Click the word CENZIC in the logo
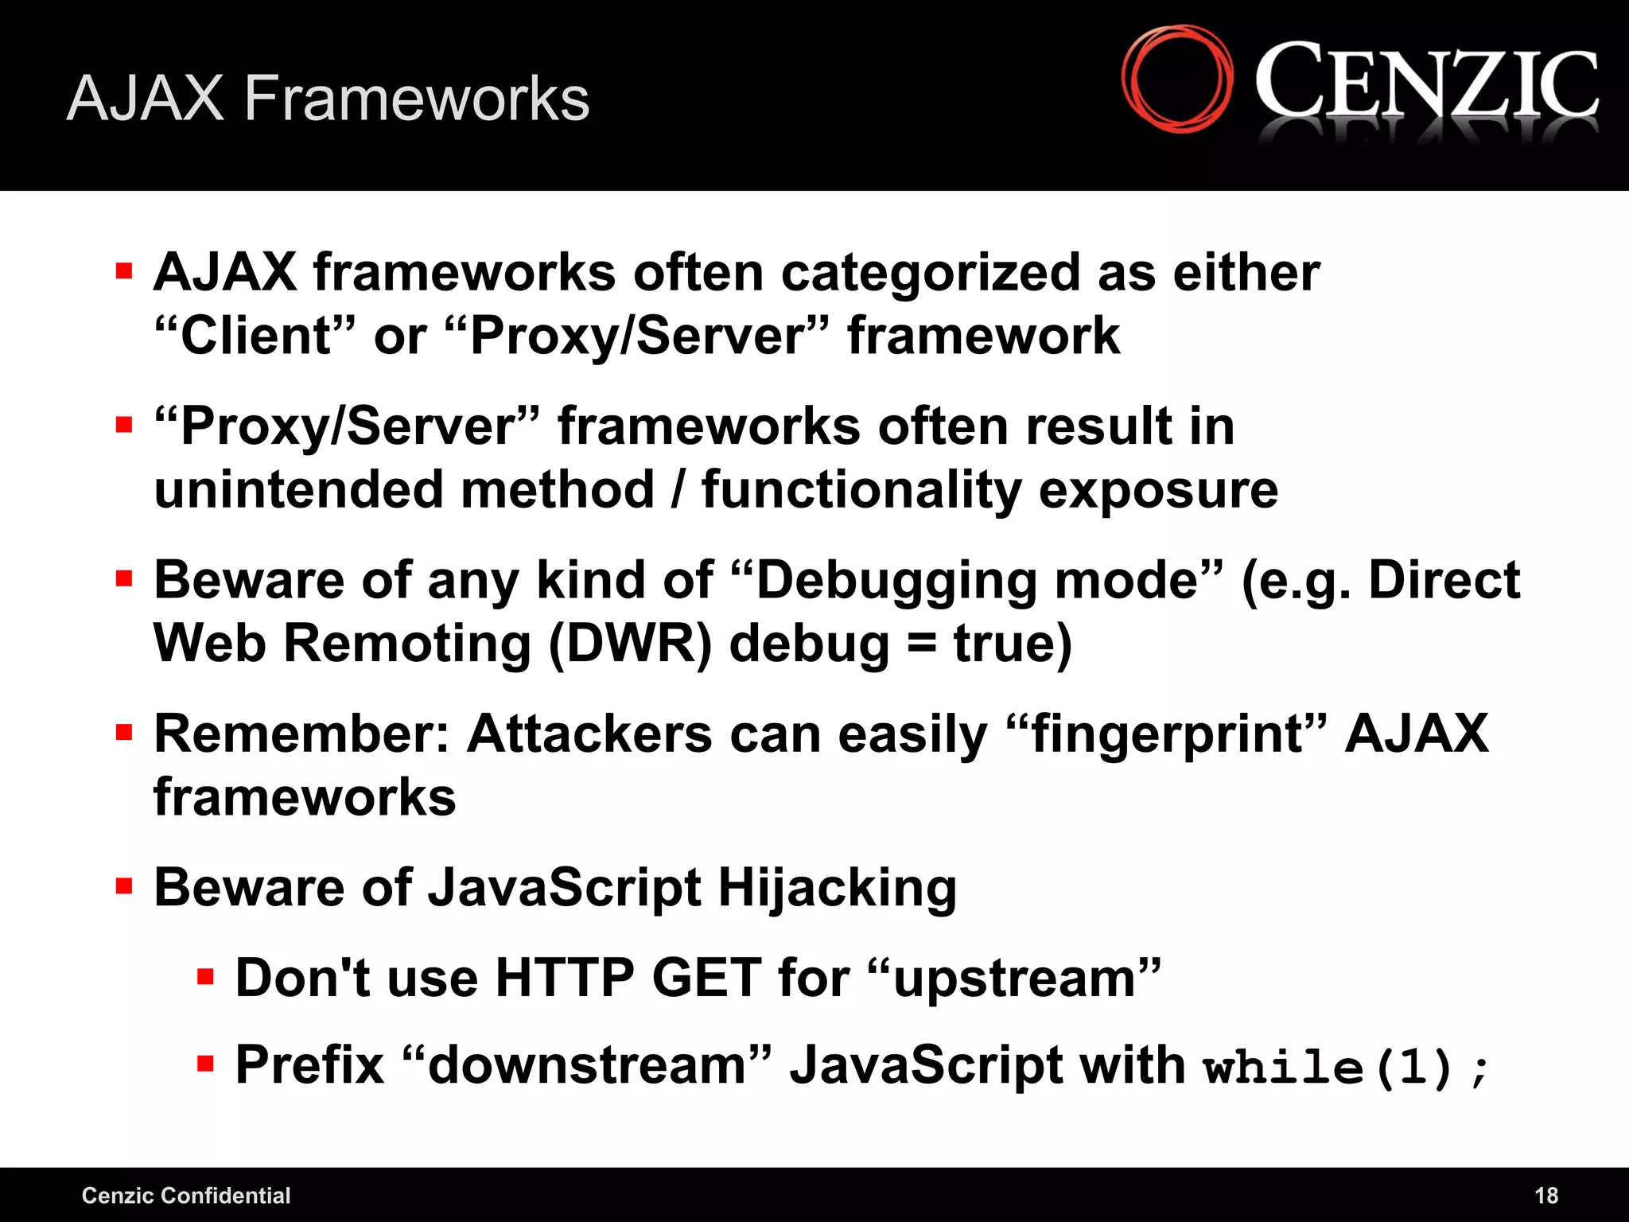1426,84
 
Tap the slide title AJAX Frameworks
328,99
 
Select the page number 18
1545,1195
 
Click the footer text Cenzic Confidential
186,1195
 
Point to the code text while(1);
1344,1066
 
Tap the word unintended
298,489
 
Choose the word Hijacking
837,888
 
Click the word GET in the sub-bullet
706,978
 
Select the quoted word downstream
587,1065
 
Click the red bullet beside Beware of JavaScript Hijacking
124,886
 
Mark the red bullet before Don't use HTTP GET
206,976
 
